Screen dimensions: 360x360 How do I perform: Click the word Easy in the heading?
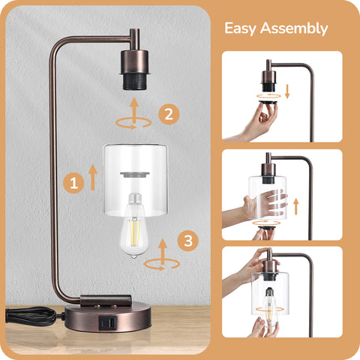click(240, 28)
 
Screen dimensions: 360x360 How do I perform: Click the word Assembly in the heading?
click(294, 28)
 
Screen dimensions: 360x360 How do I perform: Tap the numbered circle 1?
click(73, 183)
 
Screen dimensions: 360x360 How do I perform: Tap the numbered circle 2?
click(169, 115)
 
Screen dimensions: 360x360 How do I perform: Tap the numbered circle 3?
click(188, 241)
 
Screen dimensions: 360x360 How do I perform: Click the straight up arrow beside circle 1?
click(93, 177)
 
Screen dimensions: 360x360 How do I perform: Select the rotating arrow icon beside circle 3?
click(163, 255)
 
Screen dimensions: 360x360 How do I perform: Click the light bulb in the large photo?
click(134, 225)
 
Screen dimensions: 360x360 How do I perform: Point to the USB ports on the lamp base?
click(108, 323)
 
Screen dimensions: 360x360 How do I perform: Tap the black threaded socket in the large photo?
click(135, 82)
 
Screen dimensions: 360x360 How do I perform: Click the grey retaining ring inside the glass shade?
click(135, 175)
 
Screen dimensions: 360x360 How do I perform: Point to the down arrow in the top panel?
click(287, 91)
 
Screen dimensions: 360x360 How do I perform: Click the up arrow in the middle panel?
click(296, 206)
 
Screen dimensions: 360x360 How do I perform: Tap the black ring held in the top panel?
click(268, 102)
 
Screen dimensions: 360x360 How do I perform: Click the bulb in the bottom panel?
click(269, 305)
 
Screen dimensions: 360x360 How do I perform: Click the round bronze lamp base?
click(108, 317)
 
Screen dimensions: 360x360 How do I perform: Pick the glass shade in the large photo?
click(135, 180)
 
